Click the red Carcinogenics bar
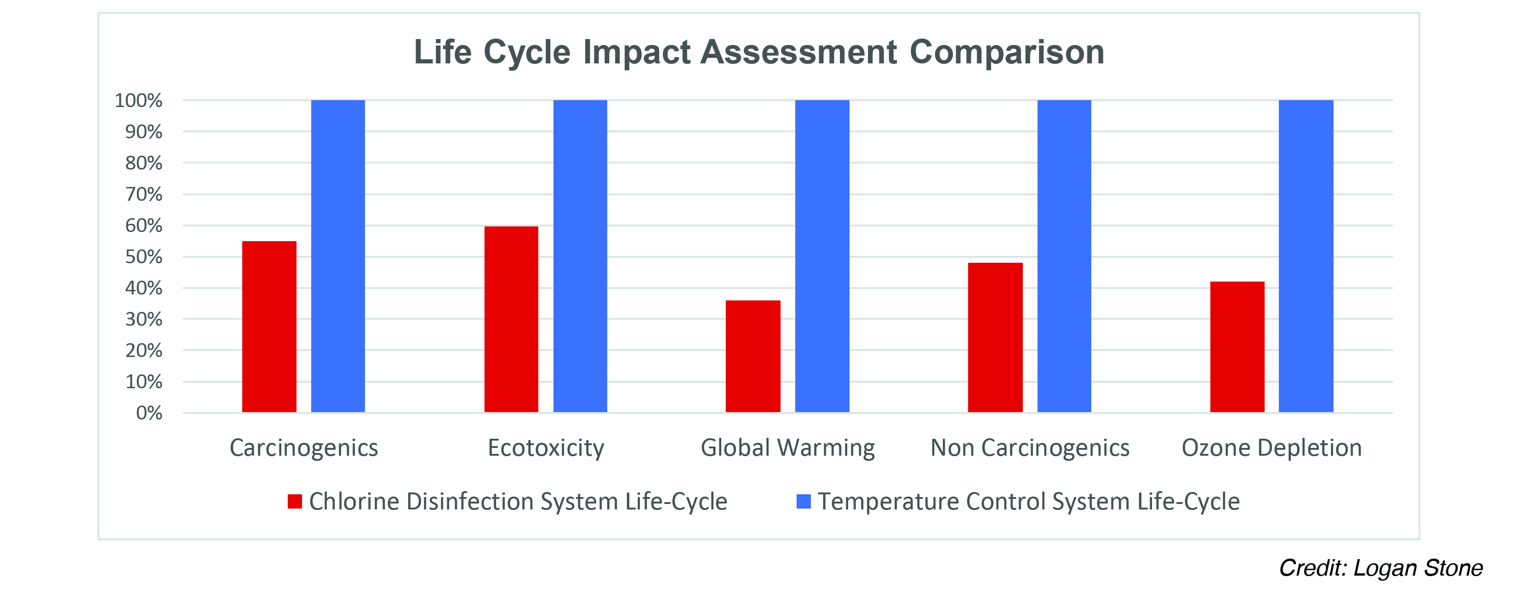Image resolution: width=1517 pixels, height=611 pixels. click(269, 327)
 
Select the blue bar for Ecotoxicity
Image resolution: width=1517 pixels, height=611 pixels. click(580, 256)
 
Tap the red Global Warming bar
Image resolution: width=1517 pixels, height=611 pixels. click(753, 356)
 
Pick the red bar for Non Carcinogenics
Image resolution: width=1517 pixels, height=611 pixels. click(995, 337)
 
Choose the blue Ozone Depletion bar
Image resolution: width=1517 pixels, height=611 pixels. click(1306, 256)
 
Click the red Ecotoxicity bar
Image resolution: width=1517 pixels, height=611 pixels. click(511, 319)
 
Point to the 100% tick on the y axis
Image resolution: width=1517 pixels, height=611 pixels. click(138, 101)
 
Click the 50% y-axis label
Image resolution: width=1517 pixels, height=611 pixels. click(144, 257)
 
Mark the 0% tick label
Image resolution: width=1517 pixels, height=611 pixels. click(149, 413)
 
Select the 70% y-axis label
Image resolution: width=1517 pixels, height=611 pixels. click(144, 194)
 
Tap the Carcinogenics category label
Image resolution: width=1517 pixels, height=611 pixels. click(304, 448)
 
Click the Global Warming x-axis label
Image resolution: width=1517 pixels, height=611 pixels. click(787, 448)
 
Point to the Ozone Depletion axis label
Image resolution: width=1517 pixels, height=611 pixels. click(1272, 448)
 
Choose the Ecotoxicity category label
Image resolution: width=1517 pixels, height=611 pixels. click(546, 448)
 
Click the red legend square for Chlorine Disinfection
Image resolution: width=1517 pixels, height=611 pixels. click(295, 502)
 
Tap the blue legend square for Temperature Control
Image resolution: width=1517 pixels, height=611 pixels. click(803, 502)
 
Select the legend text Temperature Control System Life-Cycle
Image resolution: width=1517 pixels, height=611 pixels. click(1028, 502)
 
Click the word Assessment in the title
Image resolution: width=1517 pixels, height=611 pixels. click(798, 52)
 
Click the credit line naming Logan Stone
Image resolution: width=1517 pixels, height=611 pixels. click(1380, 568)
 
